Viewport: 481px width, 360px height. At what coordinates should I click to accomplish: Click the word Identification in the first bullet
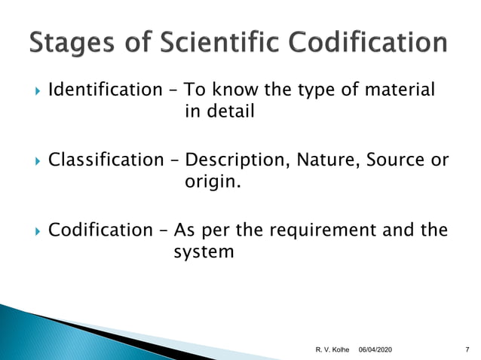pos(100,91)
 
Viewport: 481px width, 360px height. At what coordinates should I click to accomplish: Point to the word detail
pos(230,112)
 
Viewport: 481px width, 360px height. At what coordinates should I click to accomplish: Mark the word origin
pos(213,182)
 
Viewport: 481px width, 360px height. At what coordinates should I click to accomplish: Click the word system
pos(204,252)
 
